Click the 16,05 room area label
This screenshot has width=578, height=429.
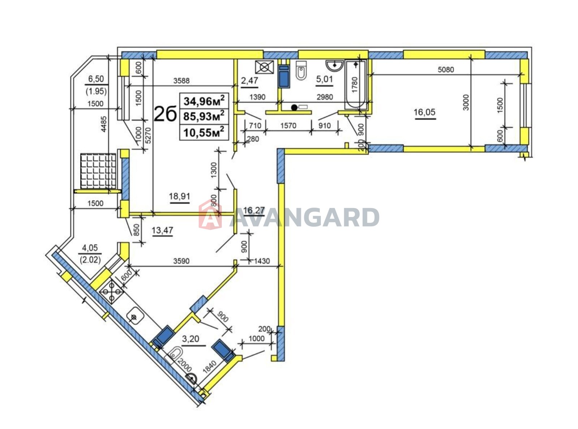pos(424,112)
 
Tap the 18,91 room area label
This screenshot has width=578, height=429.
pos(180,196)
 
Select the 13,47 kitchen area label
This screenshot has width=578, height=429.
pos(162,230)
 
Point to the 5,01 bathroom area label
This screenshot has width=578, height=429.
pos(324,79)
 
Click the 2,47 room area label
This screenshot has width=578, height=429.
pos(249,81)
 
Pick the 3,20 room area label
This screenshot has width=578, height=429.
pos(190,339)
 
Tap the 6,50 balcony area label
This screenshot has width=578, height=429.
pos(96,79)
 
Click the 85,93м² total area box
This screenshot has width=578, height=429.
pos(204,116)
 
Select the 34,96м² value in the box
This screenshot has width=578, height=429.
pos(204,100)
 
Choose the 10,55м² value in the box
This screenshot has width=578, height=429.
pos(204,132)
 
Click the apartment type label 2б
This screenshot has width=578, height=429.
pos(165,114)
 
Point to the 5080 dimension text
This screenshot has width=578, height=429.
pos(446,70)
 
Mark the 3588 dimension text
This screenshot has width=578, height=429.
pos(181,81)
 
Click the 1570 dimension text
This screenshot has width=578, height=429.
pos(288,126)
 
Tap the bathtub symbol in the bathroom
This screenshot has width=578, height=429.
pos(356,84)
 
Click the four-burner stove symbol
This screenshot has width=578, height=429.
pos(112,291)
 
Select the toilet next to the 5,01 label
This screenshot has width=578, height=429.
pos(301,70)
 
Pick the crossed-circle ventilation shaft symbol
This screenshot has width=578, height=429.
pos(264,67)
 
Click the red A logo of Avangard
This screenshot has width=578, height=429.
pos(210,214)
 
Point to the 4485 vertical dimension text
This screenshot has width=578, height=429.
pos(104,124)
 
